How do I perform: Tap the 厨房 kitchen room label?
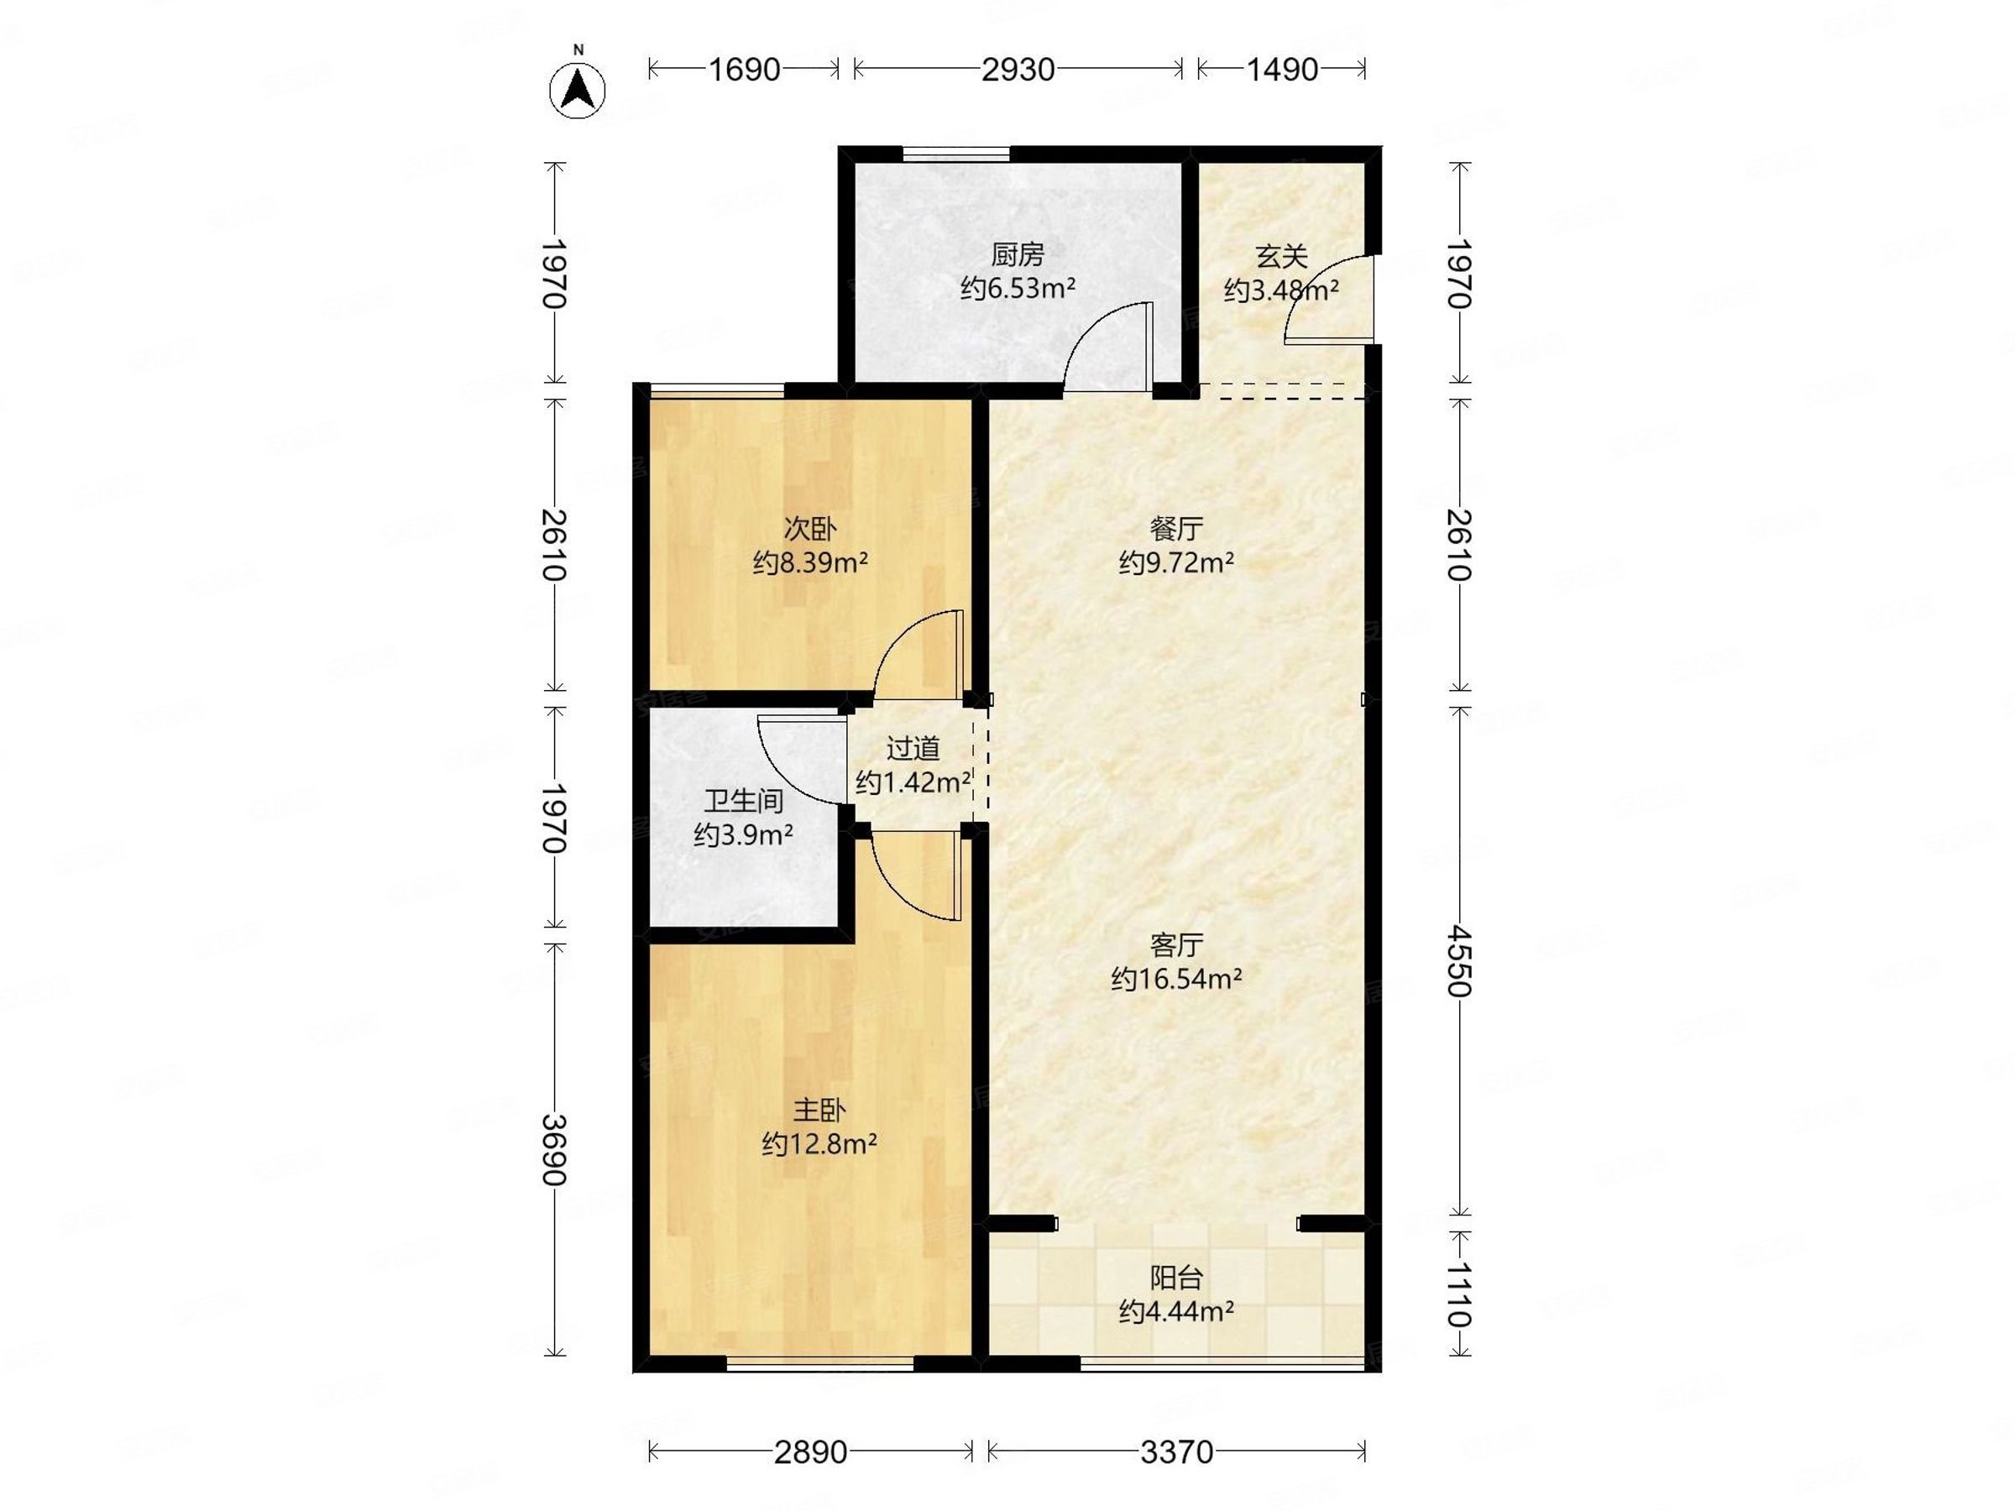(x=1018, y=254)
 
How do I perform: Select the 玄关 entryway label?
(x=1282, y=257)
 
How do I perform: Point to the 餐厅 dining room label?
(x=1176, y=528)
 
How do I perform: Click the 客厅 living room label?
(x=1176, y=945)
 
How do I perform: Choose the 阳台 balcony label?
(x=1176, y=1278)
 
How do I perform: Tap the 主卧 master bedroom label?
(x=819, y=1111)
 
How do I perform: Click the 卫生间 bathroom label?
(x=743, y=801)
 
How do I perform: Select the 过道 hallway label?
(x=913, y=749)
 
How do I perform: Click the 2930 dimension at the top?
(x=1018, y=69)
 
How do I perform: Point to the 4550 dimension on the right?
(x=1459, y=961)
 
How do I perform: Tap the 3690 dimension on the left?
(x=554, y=1149)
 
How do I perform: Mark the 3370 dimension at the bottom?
(x=1176, y=1451)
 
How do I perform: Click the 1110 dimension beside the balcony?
(x=1459, y=1294)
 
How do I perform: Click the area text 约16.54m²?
(x=1176, y=979)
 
